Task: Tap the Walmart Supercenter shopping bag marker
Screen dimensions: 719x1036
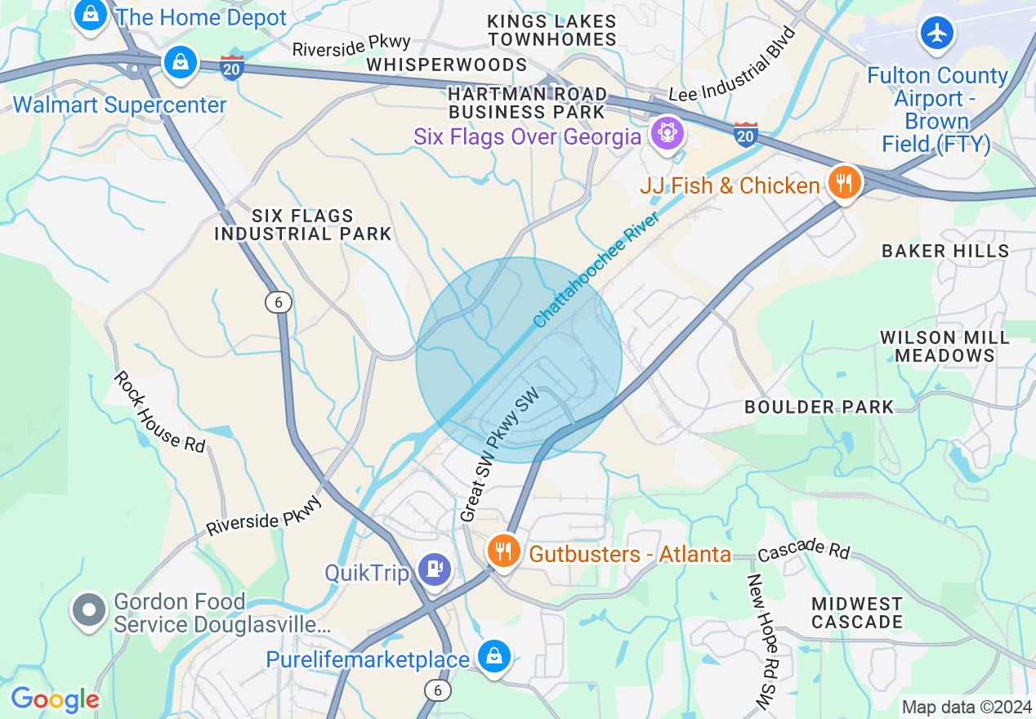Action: (x=180, y=63)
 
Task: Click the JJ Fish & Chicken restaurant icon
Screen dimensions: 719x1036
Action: (x=843, y=181)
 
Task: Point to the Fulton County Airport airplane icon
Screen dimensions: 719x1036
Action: (x=936, y=33)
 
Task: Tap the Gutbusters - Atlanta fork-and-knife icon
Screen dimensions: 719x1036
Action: (x=504, y=551)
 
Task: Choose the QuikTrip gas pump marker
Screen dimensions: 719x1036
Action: (x=433, y=569)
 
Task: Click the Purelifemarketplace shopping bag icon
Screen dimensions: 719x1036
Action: (x=494, y=656)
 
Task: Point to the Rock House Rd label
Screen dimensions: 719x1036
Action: (x=159, y=411)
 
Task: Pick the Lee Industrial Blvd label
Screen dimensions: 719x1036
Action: (x=733, y=65)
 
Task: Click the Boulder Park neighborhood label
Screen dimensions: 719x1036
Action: (x=819, y=407)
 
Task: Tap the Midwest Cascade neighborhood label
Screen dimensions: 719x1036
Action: (x=857, y=613)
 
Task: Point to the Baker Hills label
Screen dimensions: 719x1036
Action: (x=945, y=251)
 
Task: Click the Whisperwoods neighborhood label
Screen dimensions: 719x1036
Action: (x=446, y=65)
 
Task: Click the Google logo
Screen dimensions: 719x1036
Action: (x=55, y=699)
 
